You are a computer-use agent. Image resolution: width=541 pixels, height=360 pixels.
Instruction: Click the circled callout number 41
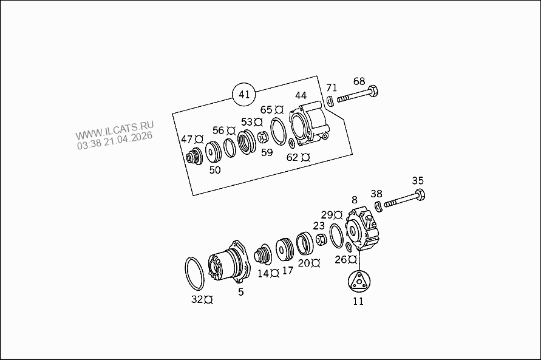click(x=244, y=94)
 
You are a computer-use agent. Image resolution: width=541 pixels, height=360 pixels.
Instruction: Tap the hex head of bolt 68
click(x=373, y=91)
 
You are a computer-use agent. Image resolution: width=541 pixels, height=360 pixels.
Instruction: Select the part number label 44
click(x=301, y=95)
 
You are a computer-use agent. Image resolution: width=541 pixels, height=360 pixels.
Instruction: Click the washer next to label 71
click(x=330, y=101)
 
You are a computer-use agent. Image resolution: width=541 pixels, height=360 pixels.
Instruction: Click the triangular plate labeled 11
click(x=358, y=281)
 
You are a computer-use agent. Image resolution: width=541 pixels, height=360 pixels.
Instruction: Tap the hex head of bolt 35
click(x=419, y=194)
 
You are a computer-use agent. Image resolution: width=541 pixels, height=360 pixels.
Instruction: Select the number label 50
click(x=214, y=170)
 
